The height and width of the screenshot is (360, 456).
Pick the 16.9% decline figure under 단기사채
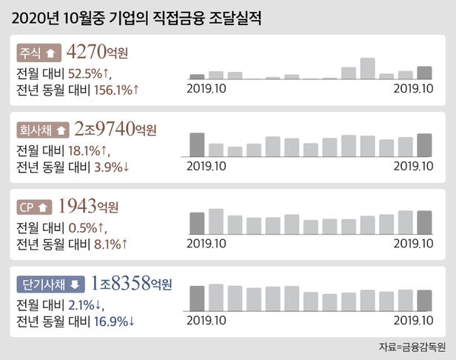115,321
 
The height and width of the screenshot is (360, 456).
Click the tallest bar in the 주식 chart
368,68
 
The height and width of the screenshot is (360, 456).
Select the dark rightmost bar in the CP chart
424,222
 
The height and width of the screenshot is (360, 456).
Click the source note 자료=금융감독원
412,346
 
